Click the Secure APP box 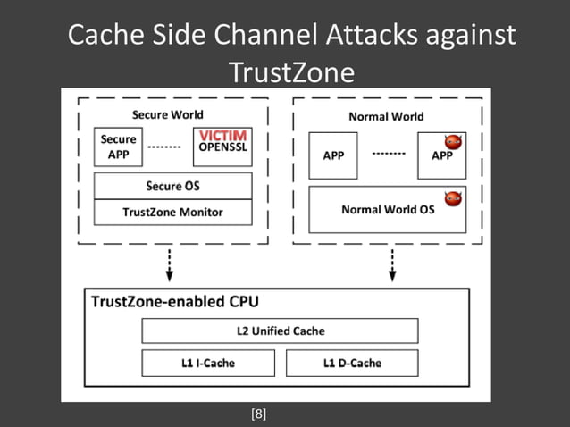click(x=118, y=146)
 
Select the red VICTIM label click(x=222, y=135)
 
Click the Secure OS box click(x=172, y=186)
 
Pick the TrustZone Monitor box click(x=172, y=212)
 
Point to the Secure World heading click(x=167, y=114)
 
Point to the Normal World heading click(x=386, y=116)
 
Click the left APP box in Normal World click(x=333, y=155)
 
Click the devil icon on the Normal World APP click(x=454, y=142)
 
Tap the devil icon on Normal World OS click(x=454, y=197)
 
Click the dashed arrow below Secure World click(x=169, y=263)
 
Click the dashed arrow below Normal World click(x=391, y=263)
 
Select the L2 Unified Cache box click(x=280, y=331)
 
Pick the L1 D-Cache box click(x=351, y=363)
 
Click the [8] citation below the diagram click(x=259, y=414)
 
